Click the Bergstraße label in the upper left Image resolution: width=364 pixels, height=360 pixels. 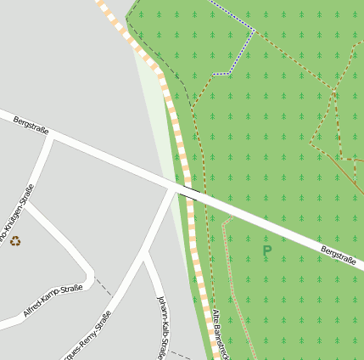pos(31,126)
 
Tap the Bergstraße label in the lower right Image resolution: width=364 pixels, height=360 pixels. pos(338,254)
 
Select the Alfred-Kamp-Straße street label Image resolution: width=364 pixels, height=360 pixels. pos(53,301)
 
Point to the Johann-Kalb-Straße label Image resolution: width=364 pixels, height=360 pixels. pos(163,327)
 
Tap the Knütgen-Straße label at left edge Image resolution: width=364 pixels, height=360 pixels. pos(19,216)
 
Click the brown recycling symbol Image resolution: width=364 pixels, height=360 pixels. pos(15,241)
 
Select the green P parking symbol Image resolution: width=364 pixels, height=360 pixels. pos(266,251)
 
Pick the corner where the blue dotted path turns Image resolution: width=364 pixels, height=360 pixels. pos(254,31)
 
